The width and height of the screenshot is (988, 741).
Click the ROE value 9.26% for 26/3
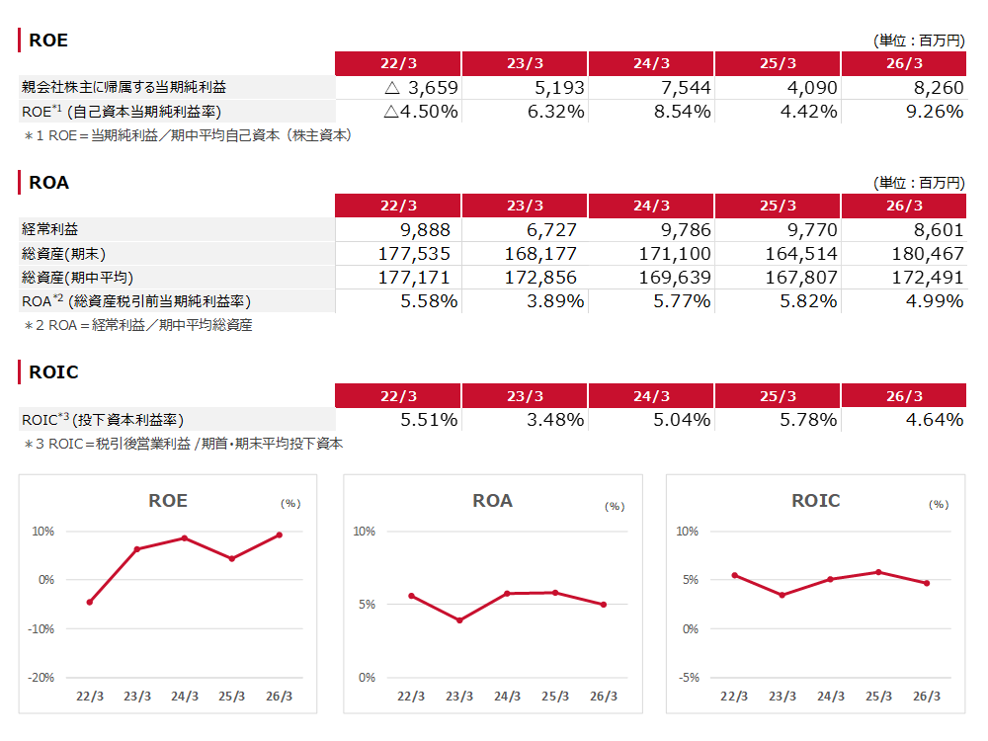coord(935,112)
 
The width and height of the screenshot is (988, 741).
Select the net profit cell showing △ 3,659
coord(421,88)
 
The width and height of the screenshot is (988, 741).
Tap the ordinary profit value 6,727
coord(551,230)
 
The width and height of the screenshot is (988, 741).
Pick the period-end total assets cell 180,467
coord(928,254)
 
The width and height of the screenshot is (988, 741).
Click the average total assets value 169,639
coord(675,278)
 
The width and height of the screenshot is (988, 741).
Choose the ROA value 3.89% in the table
coord(555,301)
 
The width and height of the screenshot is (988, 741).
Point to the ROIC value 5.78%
coord(808,420)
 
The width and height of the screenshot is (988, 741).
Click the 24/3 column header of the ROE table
coord(651,63)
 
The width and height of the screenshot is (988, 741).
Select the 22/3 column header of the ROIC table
coord(398,396)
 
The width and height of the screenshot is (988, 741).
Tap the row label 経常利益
coord(49,229)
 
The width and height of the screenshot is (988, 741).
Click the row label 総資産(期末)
coord(63,254)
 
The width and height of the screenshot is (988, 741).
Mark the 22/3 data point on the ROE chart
coord(90,603)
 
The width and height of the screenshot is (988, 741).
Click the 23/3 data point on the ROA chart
coord(459,620)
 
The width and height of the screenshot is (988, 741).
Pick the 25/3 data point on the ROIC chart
coord(878,572)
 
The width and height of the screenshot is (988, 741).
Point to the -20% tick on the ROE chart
coord(41,678)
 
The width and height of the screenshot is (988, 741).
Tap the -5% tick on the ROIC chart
coord(689,678)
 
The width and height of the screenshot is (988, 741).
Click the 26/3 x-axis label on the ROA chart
coord(604,697)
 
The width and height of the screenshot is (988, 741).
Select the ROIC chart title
coord(816,501)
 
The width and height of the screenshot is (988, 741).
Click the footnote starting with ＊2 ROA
coord(138,325)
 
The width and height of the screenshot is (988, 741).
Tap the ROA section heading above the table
coord(49,183)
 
